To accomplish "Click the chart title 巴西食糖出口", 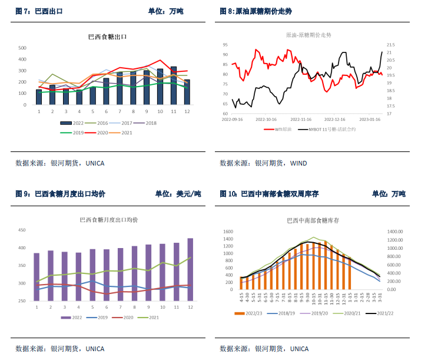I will [x=108, y=37].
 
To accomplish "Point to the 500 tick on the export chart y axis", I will [x=22, y=48].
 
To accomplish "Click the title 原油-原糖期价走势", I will [x=308, y=35].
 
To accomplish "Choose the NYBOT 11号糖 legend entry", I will [x=334, y=129].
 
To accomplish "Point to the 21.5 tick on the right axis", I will [x=390, y=45].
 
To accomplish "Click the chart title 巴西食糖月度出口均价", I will [x=109, y=220].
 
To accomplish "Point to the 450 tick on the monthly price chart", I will [x=22, y=230].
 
